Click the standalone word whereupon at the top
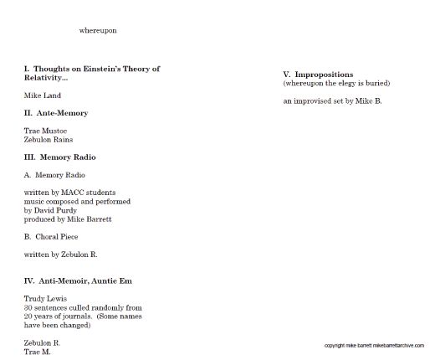coord(98,30)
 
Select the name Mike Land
coord(43,95)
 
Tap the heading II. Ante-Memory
coord(56,113)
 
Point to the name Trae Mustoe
coord(46,131)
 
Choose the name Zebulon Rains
coord(49,140)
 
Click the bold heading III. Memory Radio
coord(59,157)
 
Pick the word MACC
coord(72,193)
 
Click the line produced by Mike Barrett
coord(68,219)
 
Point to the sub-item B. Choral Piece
coord(52,237)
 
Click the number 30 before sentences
coord(28,307)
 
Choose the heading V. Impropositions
coord(318,75)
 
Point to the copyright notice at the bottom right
coord(374,345)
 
